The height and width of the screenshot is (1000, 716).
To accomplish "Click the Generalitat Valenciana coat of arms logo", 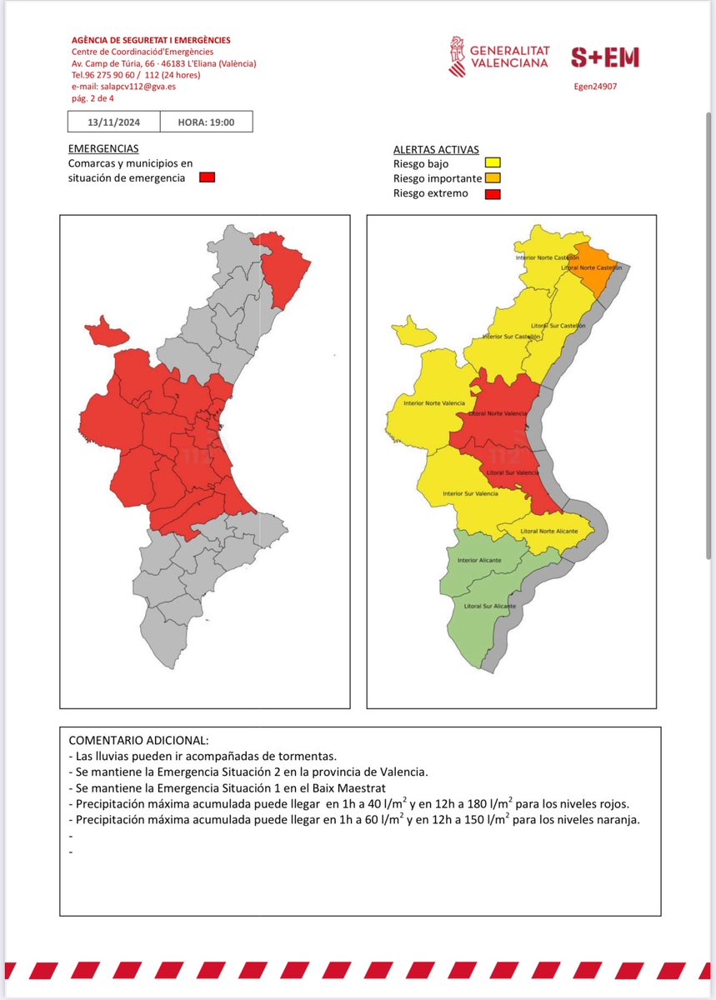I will point(458,56).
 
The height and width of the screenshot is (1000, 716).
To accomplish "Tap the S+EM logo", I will point(604,57).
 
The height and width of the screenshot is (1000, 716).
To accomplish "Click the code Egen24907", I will point(596,85).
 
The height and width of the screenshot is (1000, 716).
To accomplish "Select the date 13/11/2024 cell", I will point(113,122).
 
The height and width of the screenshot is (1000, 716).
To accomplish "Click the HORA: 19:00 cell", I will point(206,122).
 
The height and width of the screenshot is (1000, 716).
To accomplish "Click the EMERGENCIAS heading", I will point(103,148).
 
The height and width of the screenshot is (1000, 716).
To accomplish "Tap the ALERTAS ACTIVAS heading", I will point(436,150).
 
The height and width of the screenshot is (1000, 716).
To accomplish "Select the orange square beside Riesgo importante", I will point(493,178).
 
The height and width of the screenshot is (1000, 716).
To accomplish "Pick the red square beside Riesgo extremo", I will point(493,193).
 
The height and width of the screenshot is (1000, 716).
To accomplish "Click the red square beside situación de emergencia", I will point(208,177).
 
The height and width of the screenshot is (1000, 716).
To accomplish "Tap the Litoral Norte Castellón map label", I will point(593,267).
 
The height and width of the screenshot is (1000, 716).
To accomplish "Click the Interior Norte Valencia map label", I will point(434,403).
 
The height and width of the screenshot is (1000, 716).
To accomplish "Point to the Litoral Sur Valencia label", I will point(513,472).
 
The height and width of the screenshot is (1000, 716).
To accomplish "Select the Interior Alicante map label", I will point(479,560).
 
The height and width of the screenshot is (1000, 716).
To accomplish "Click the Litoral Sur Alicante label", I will point(490,606).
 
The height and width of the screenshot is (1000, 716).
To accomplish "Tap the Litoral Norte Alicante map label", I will point(548,531).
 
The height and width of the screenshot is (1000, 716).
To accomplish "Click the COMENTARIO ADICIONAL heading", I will point(138,740).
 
